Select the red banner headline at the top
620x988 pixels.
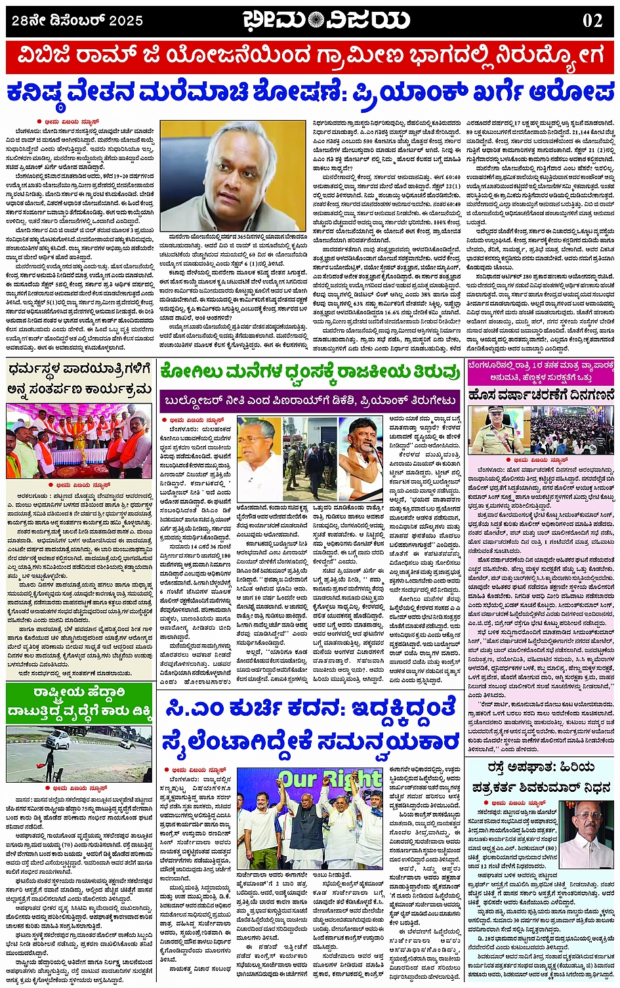tap(310, 58)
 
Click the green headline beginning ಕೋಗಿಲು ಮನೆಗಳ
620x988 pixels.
tap(310, 372)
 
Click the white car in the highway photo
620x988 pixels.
tap(58, 740)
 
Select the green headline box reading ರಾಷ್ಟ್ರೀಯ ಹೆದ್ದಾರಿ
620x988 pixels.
tap(79, 702)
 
